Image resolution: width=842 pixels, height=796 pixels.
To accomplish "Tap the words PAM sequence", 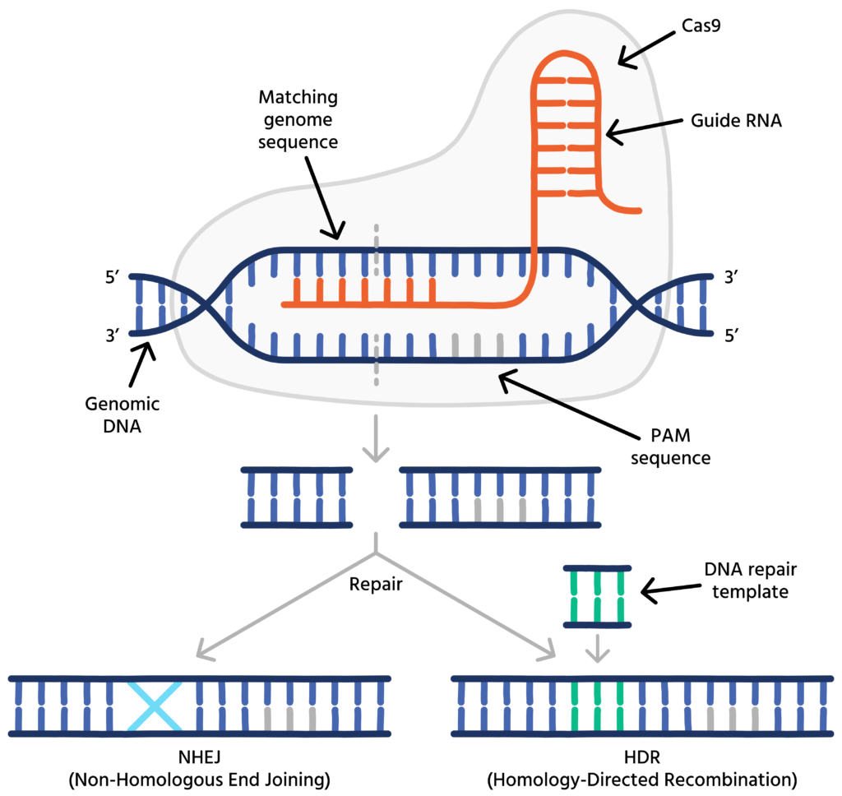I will pos(670,445).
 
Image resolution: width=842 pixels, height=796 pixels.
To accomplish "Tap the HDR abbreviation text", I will pos(626,757).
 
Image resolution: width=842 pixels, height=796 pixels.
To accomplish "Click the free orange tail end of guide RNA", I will pos(635,211).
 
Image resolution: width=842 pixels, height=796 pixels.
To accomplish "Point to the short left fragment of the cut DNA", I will pos(297,497).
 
